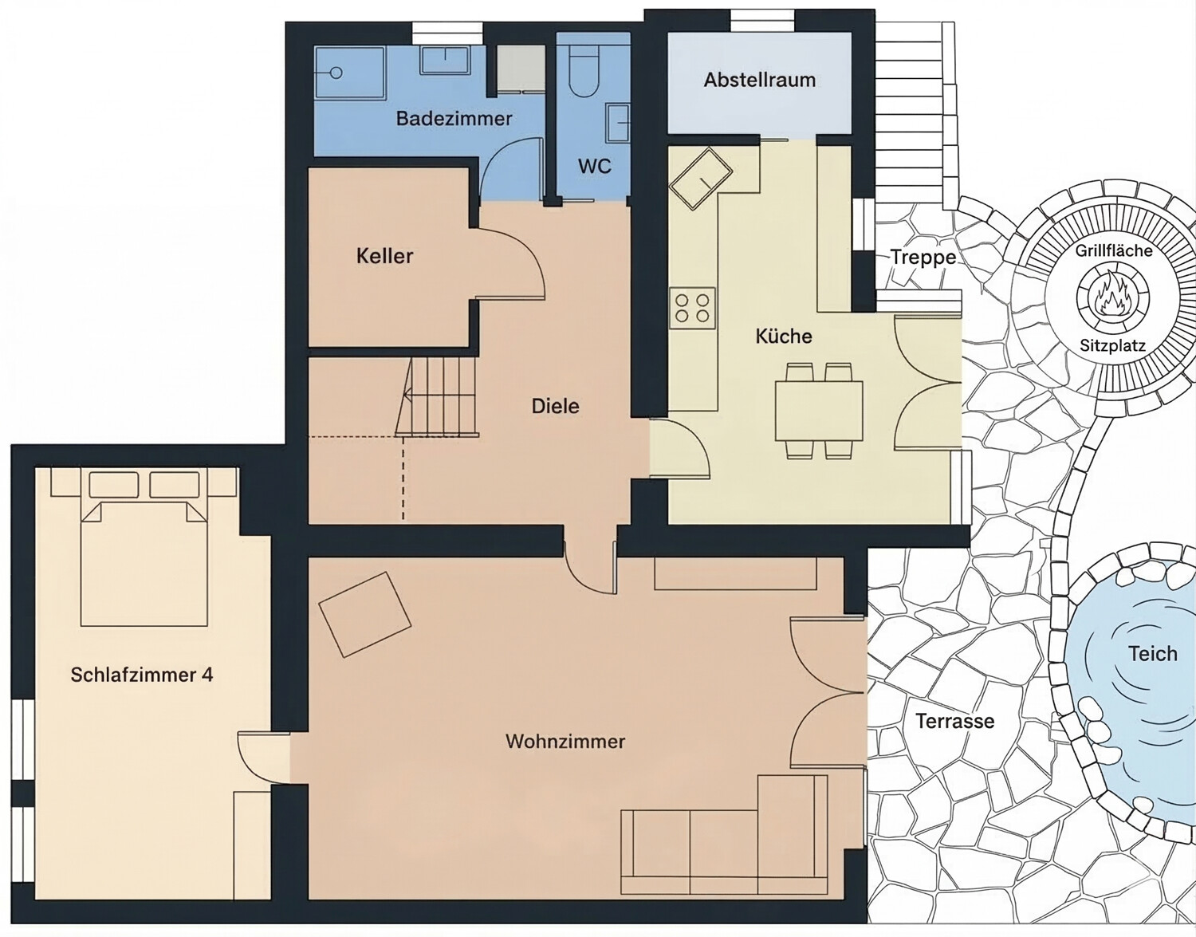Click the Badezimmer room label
point(454,119)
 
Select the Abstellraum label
point(760,81)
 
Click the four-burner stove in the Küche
point(692,308)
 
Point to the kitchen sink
point(701,179)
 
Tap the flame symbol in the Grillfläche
point(1112,301)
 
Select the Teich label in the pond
point(1152,654)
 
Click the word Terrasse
point(955,721)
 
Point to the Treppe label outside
point(923,257)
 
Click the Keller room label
point(385,257)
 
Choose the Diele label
point(556,407)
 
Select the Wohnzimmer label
point(565,742)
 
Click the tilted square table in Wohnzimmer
point(365,615)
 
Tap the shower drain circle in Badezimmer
point(336,73)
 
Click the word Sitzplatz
point(1112,346)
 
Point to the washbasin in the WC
point(618,123)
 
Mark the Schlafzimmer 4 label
point(142,675)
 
